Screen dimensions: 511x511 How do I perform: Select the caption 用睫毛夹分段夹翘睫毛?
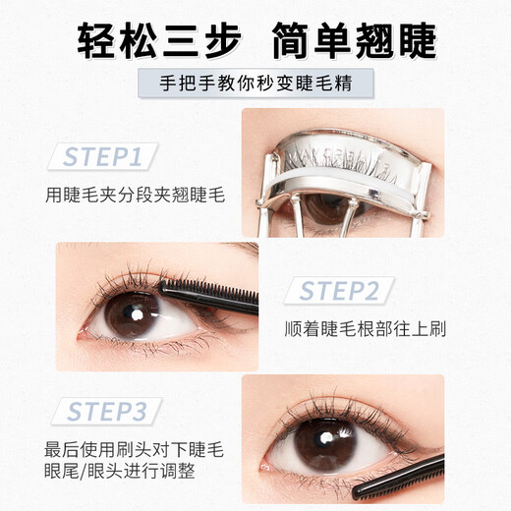[x=135, y=195]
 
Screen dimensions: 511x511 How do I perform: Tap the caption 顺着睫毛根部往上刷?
[x=365, y=328]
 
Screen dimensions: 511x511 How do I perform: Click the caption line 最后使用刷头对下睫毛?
[x=135, y=450]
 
